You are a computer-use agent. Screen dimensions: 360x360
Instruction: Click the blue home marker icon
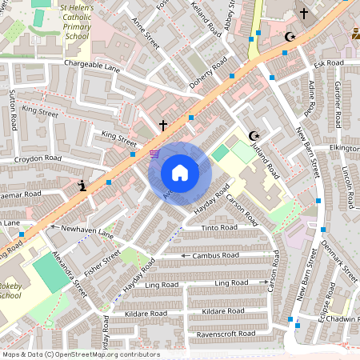click(179, 172)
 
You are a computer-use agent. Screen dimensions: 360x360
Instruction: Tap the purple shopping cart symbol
click(154, 154)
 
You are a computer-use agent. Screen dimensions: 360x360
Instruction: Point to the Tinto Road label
click(219, 228)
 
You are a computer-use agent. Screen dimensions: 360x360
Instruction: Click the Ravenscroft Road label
click(227, 333)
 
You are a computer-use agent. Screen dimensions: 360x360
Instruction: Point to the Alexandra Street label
click(69, 274)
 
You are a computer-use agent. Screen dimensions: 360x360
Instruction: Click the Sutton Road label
click(13, 111)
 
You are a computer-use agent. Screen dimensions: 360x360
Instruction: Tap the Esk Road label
click(328, 62)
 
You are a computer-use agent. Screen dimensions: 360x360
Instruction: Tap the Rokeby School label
click(10, 290)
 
